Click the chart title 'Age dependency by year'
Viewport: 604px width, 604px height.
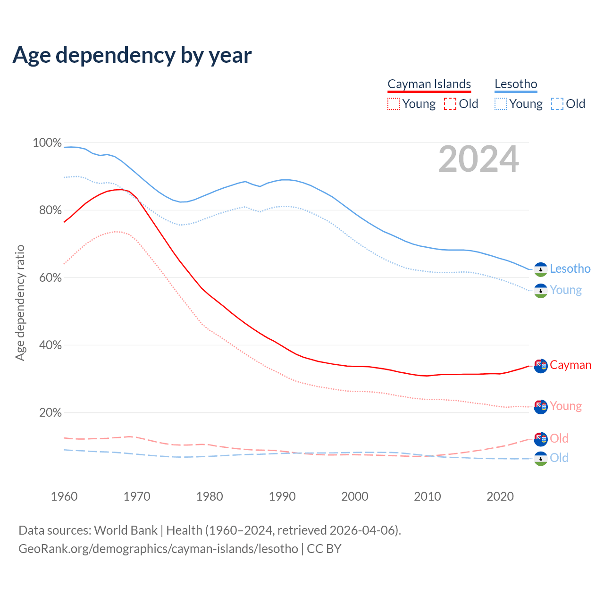[x=132, y=55]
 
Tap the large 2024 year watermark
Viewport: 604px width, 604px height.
[x=478, y=159]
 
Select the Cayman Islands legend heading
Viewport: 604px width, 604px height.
[x=429, y=84]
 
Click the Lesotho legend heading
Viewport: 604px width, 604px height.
[x=516, y=84]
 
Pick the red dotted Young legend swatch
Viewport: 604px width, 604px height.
[x=394, y=104]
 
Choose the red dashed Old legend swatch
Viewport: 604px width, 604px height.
[x=450, y=104]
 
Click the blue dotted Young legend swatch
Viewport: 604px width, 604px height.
[x=501, y=104]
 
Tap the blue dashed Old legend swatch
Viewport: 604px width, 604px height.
[x=557, y=104]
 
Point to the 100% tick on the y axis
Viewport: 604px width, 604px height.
[x=47, y=143]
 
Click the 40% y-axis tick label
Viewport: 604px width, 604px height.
[x=50, y=345]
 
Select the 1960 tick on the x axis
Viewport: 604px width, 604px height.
[x=64, y=496]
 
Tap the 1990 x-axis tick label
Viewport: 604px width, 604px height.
[x=282, y=496]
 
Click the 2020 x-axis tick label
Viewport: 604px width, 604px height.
[x=500, y=496]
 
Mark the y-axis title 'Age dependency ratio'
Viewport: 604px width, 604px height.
[x=20, y=302]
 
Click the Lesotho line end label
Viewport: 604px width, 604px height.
[x=570, y=269]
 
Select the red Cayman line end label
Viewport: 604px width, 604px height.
[x=570, y=365]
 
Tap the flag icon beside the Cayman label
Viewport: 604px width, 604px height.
[x=541, y=366]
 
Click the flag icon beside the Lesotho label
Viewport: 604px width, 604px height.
[x=541, y=269]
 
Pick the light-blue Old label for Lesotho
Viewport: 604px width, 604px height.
[x=559, y=458]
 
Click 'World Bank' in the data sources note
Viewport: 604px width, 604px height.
[x=126, y=530]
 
